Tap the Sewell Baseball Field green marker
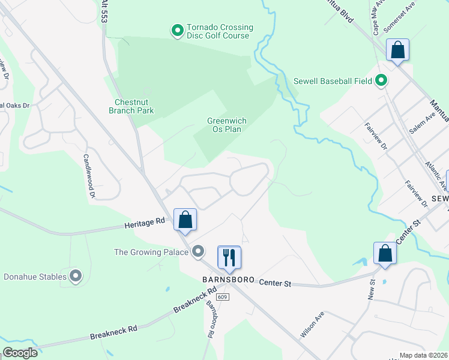point(381,80)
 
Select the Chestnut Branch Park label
point(131,106)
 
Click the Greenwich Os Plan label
point(227,124)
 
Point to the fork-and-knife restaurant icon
point(229,257)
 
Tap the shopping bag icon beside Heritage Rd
point(185,220)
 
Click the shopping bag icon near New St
point(385,253)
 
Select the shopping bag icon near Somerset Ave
point(397,50)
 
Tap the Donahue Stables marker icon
point(76,277)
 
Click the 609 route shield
point(222,296)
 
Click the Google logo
point(20,353)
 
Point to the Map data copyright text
point(424,355)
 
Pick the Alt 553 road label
point(104,11)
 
